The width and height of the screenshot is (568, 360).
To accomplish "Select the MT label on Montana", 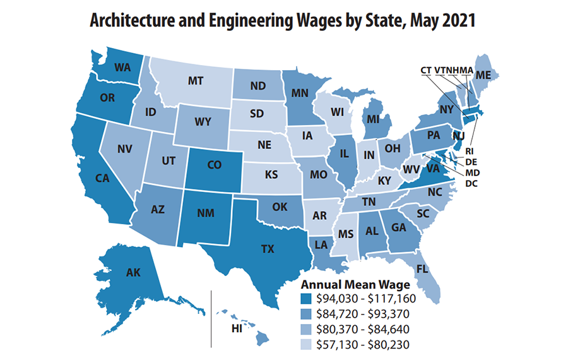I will coord(195,81).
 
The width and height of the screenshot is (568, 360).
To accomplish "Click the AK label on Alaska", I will coord(133,273).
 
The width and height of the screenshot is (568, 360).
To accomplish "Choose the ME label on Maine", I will coord(483,75).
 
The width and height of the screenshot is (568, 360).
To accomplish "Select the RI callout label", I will coord(470,152).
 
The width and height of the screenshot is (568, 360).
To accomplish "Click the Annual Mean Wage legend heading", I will coord(355,284).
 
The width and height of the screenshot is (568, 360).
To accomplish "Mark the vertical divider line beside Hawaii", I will coord(211,319).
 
